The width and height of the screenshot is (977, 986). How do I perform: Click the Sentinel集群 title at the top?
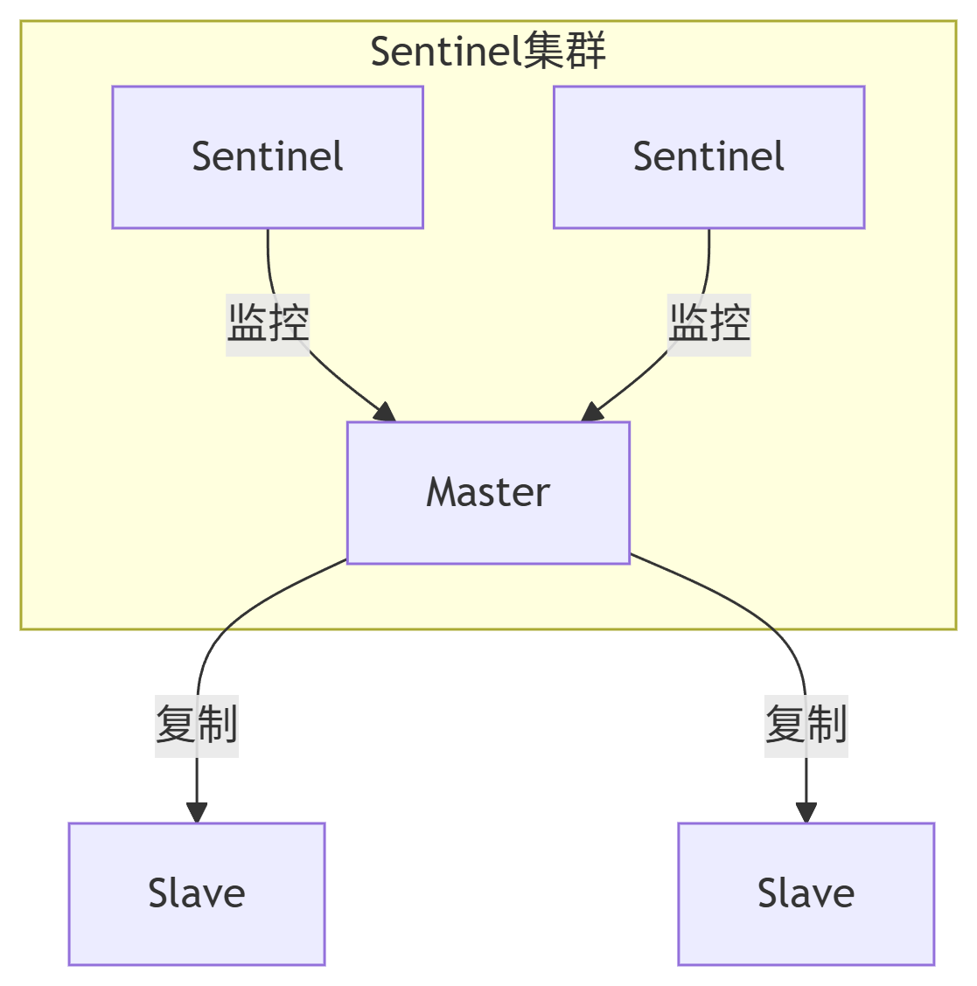tap(488, 52)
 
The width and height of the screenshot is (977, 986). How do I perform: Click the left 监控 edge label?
tap(268, 322)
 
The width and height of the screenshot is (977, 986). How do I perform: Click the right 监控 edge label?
tap(709, 322)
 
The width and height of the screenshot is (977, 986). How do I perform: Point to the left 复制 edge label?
tap(197, 723)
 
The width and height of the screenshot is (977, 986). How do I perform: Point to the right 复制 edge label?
tap(806, 723)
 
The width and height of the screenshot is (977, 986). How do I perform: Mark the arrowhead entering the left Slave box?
tap(197, 811)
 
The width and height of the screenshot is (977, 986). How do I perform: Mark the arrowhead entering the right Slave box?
tap(806, 811)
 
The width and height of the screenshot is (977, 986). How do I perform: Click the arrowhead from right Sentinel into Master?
tap(592, 413)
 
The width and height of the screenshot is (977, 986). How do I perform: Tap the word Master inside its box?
tap(488, 492)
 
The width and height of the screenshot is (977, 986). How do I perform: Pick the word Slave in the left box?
tap(197, 892)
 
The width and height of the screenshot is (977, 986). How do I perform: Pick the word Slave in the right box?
tap(806, 892)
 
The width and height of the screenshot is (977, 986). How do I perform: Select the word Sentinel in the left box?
tap(268, 156)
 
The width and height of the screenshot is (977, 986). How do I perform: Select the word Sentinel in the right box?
tap(708, 156)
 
